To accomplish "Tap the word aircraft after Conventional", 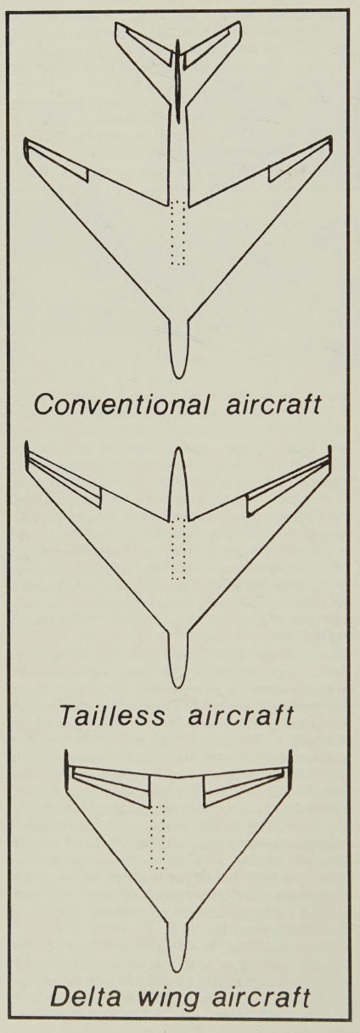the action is click(273, 405).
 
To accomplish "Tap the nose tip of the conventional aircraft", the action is click(178, 379).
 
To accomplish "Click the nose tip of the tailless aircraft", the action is click(178, 688).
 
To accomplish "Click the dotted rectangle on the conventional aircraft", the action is click(178, 233).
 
